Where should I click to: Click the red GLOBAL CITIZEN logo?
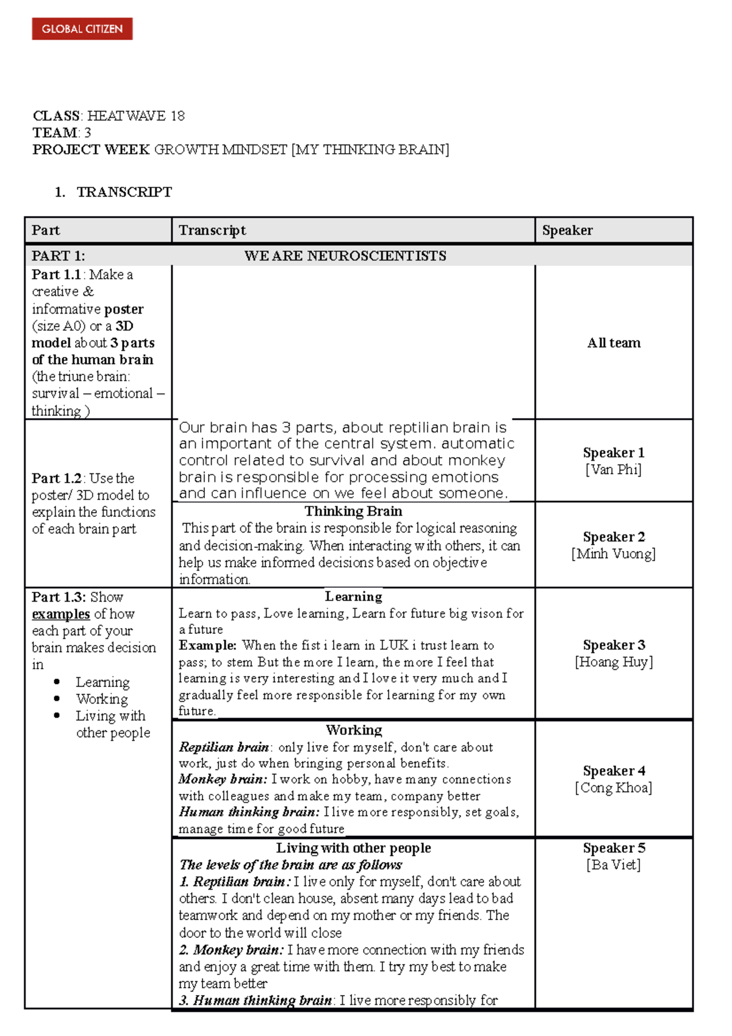[x=82, y=29]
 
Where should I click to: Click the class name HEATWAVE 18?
[x=135, y=116]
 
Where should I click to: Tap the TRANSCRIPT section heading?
[x=124, y=192]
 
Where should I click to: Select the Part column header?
[x=46, y=231]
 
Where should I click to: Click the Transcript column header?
[x=212, y=231]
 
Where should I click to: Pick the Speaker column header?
[x=567, y=231]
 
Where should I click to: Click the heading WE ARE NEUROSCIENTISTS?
[x=345, y=256]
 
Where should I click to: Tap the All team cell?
[x=614, y=343]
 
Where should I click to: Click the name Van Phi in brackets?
[x=614, y=470]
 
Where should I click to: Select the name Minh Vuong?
[x=614, y=554]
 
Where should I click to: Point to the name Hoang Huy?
[x=614, y=662]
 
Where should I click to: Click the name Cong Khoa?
[x=614, y=788]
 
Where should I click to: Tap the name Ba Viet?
[x=614, y=865]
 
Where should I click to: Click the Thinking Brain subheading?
[x=353, y=511]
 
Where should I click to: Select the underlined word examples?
[x=60, y=614]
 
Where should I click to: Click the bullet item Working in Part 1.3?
[x=102, y=699]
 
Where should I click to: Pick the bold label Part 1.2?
[x=56, y=478]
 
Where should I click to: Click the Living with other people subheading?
[x=353, y=848]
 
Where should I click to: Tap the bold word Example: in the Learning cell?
[x=207, y=646]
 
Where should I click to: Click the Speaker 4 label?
[x=614, y=771]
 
